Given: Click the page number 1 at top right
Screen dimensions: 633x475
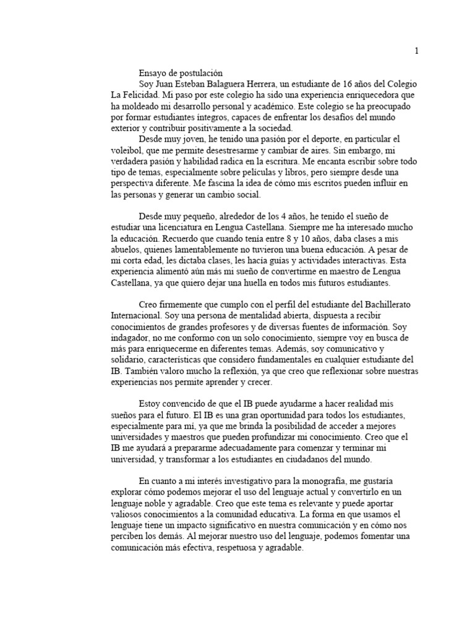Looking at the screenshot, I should pyautogui.click(x=416, y=51).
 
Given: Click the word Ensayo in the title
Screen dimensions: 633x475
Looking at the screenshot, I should pyautogui.click(x=153, y=73).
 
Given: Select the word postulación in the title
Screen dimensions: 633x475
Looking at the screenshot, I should pyautogui.click(x=200, y=73).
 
